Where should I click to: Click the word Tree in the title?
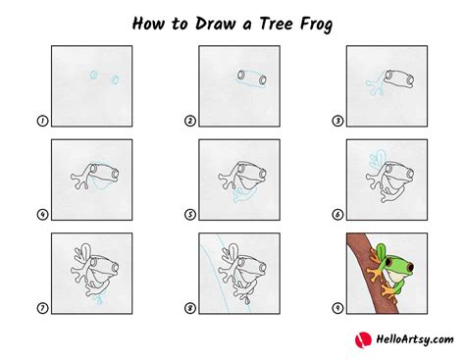coord(276,24)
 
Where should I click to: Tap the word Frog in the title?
coord(316,25)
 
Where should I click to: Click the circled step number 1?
coord(42,121)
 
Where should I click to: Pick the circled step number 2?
coord(190,121)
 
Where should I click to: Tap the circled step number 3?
coord(337,121)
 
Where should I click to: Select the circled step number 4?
coord(42,215)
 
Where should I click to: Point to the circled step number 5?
coord(190,215)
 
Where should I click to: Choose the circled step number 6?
coord(337,215)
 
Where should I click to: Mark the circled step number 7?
coord(42,308)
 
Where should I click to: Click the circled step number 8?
coord(190,308)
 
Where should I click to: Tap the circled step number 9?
coord(337,308)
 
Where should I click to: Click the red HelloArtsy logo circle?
coord(363,340)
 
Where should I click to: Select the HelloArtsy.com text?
coord(415,339)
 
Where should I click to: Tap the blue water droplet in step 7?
coord(99,299)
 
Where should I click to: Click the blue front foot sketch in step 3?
coord(376,83)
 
